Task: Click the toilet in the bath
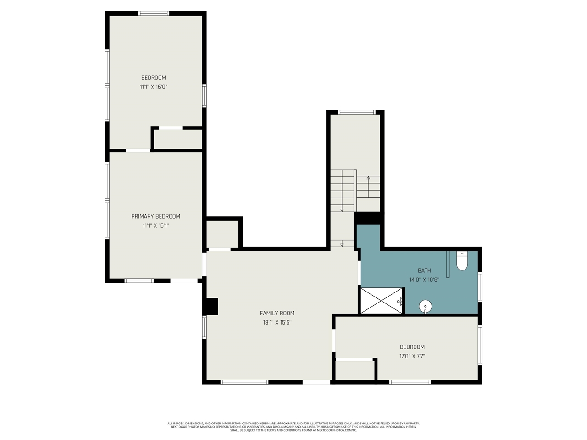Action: click(462, 261)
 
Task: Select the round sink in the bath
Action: click(426, 306)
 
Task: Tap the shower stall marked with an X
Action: click(382, 301)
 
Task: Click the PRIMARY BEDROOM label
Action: click(155, 216)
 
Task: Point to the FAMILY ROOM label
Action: click(277, 313)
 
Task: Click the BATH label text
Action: click(424, 270)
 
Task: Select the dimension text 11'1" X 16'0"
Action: click(154, 87)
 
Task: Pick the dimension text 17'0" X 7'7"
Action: click(412, 356)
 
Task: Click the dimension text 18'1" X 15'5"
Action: click(277, 322)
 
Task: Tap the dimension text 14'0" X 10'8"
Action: click(424, 280)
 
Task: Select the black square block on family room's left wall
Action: click(211, 306)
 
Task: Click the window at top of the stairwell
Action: click(357, 112)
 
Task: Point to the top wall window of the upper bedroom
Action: click(154, 13)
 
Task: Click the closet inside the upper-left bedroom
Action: click(178, 139)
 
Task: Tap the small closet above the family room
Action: click(223, 234)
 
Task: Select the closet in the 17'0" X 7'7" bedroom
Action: click(355, 370)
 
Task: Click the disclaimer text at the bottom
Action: click(293, 427)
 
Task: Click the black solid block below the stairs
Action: click(368, 218)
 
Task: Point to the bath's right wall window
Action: click(480, 287)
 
